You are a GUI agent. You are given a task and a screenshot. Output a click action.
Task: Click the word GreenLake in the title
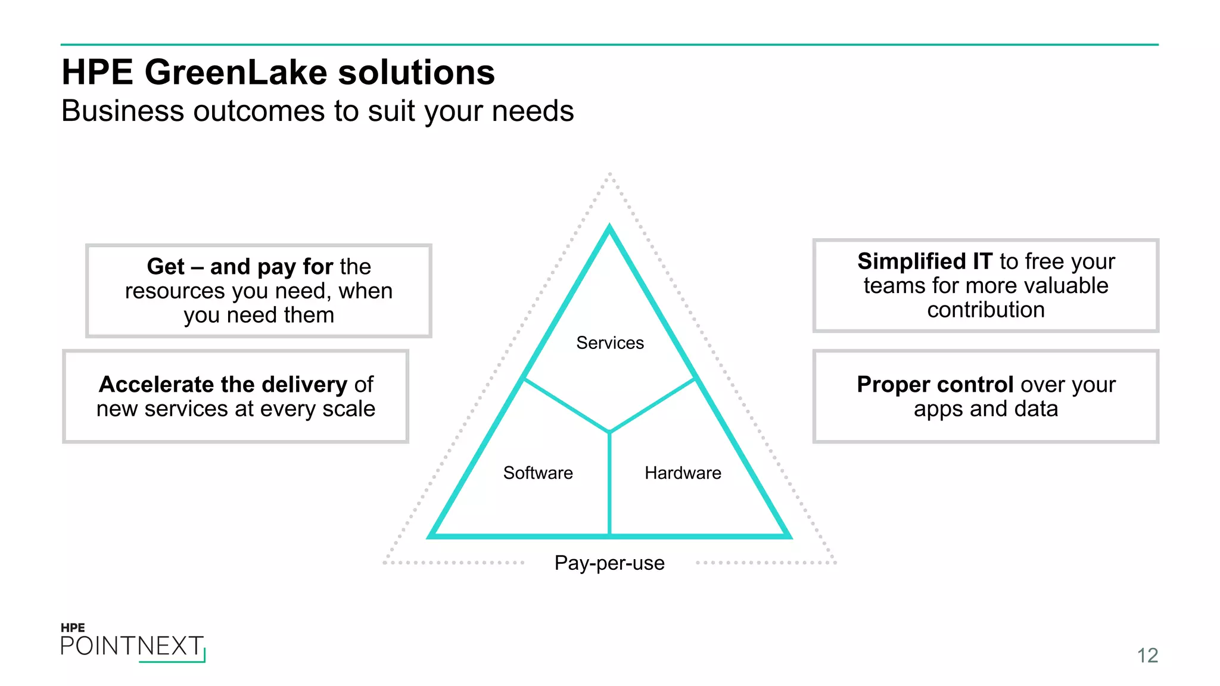point(236,73)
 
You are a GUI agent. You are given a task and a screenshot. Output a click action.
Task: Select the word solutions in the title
point(416,73)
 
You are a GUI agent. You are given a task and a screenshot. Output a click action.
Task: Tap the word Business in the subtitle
point(123,111)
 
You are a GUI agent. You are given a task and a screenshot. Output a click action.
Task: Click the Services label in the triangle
point(610,343)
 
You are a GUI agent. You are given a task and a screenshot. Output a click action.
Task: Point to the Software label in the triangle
point(538,473)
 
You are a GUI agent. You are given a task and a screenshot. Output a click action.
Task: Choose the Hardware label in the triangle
point(683,473)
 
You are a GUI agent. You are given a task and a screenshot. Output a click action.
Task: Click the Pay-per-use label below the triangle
point(609,563)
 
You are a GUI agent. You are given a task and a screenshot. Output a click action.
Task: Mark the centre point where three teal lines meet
point(609,432)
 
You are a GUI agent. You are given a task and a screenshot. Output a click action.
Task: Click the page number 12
point(1147,656)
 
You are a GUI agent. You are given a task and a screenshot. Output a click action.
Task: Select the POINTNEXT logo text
point(132,646)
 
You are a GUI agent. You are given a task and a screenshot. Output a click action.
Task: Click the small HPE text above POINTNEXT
point(73,628)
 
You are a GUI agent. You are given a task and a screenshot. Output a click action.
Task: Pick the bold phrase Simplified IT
point(925,261)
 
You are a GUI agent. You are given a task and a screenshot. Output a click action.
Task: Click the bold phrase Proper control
point(935,385)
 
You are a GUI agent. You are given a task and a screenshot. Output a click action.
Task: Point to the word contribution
point(986,310)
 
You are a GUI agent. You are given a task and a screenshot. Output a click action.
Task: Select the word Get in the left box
point(166,267)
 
